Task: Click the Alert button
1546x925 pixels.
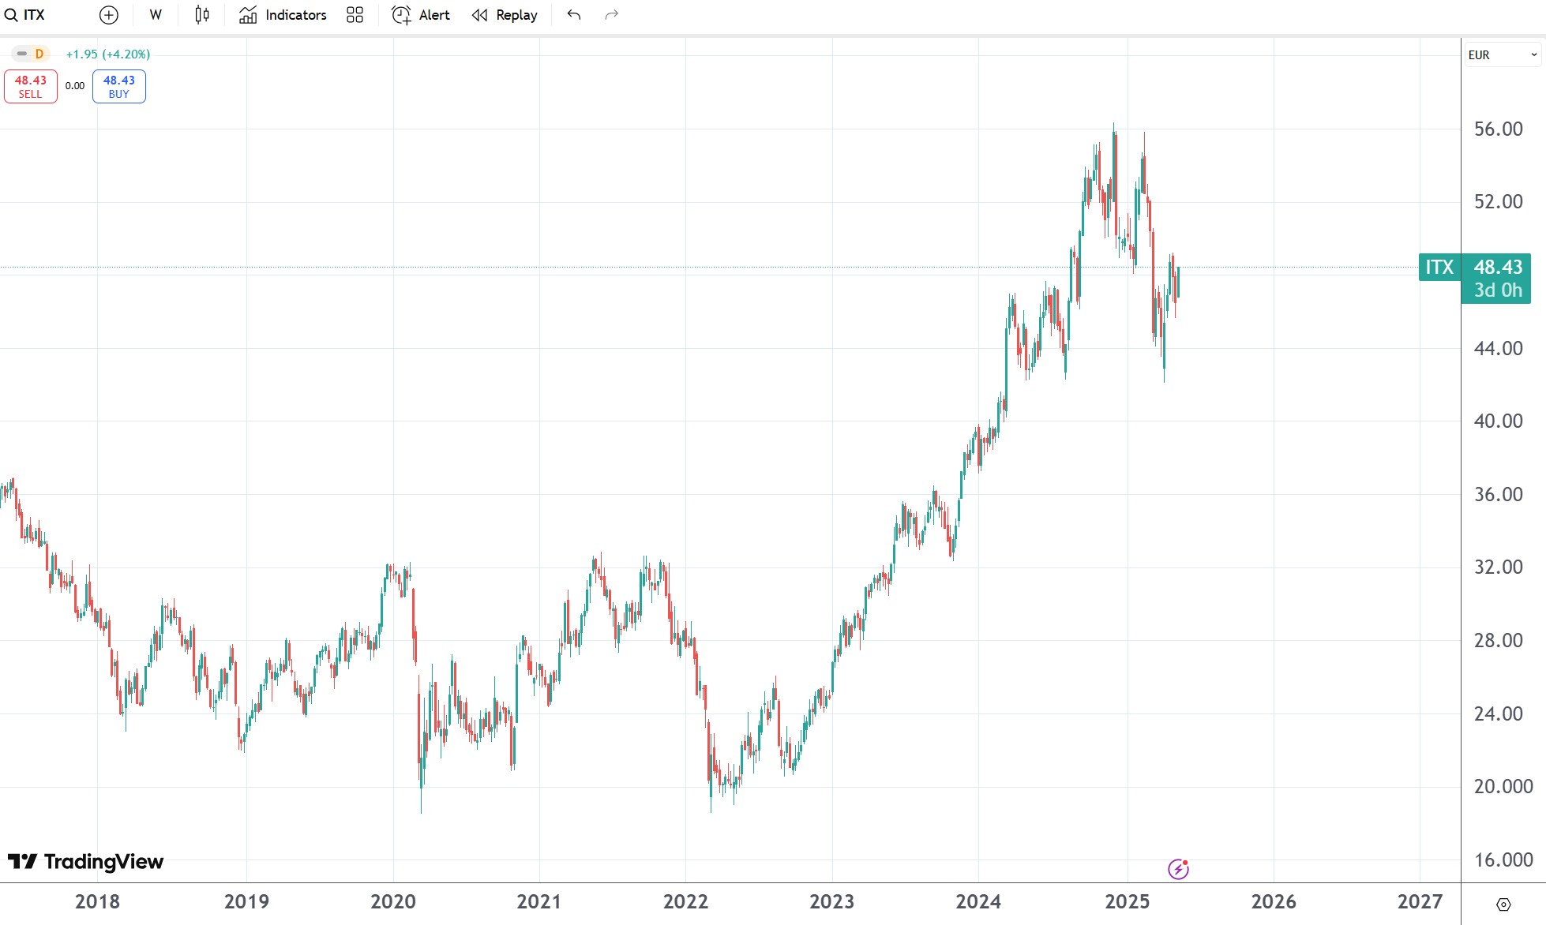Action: tap(421, 15)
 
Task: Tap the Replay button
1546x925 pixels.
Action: tap(505, 15)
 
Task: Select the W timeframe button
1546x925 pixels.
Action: tap(156, 15)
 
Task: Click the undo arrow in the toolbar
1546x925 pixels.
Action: tap(574, 15)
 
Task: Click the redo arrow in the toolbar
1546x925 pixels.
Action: tap(611, 15)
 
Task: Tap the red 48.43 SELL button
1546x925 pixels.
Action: tap(31, 86)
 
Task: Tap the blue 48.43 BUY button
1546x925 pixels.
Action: tap(118, 86)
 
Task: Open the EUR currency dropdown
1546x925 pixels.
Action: tap(1502, 54)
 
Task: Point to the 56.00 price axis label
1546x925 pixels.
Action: tap(1498, 129)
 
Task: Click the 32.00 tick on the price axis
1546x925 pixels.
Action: tap(1498, 567)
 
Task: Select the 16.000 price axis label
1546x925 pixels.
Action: tap(1503, 859)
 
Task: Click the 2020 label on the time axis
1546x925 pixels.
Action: tap(393, 901)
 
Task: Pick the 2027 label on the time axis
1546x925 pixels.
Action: tap(1420, 901)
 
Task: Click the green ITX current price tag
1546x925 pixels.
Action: tap(1439, 268)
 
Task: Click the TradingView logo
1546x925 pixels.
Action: tap(85, 861)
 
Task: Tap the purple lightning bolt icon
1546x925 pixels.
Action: tap(1178, 869)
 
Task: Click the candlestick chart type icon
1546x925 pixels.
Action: tap(202, 15)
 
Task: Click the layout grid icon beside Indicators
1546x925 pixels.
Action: tap(355, 15)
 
